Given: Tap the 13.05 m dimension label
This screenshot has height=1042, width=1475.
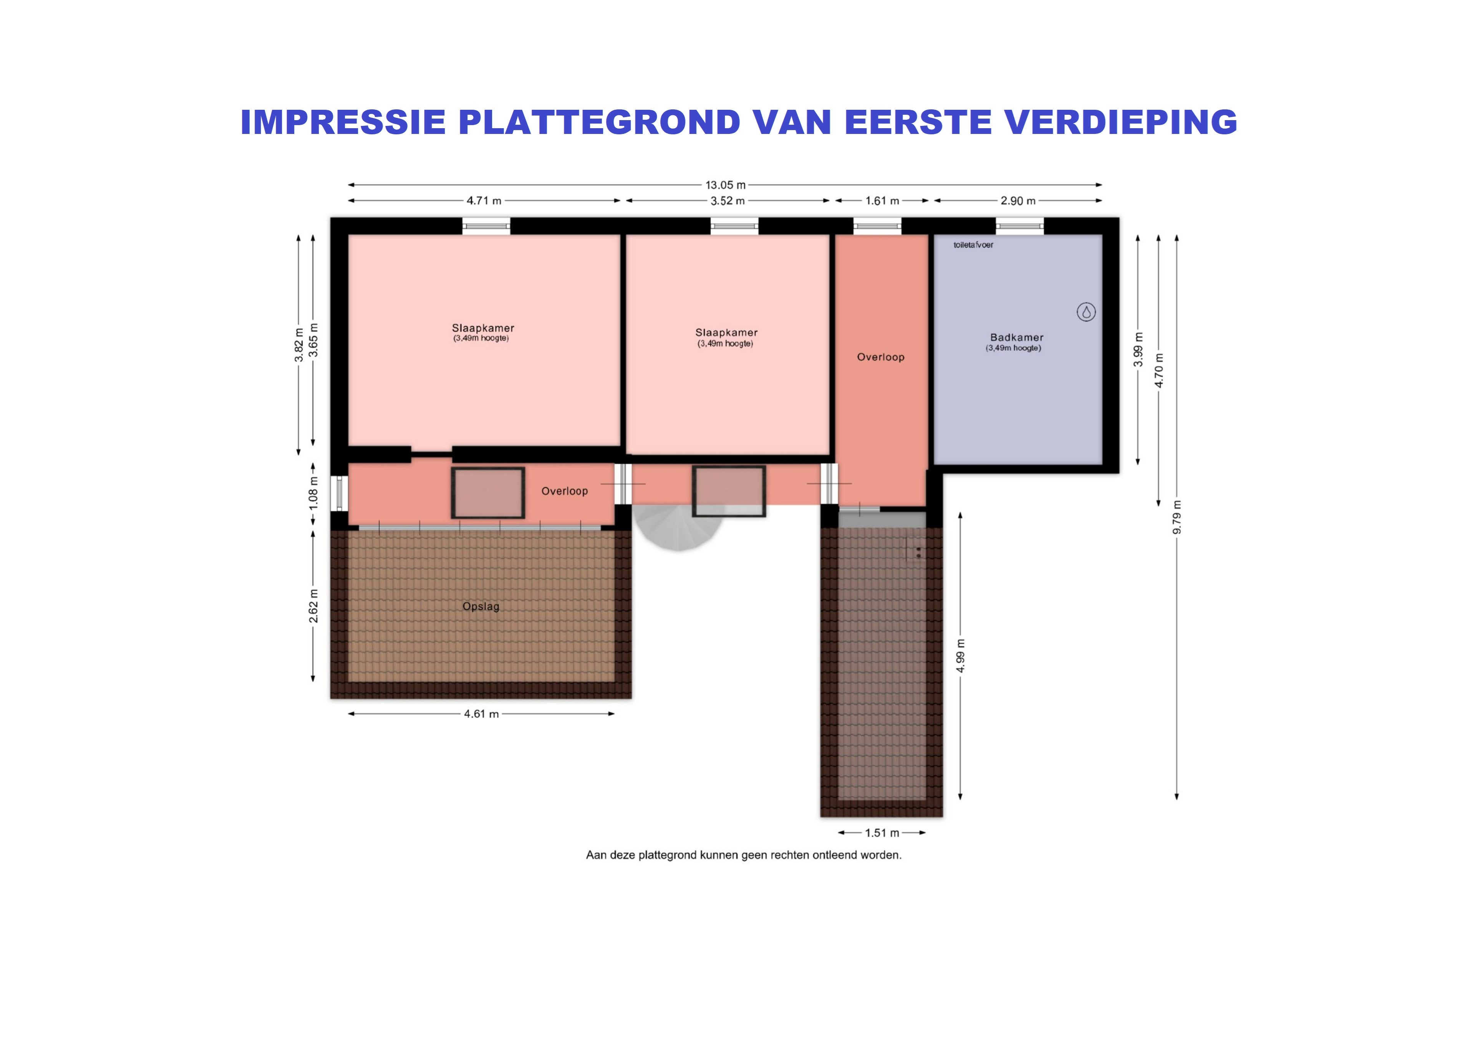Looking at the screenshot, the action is (x=725, y=185).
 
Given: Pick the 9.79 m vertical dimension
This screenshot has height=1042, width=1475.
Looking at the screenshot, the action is (x=1177, y=517).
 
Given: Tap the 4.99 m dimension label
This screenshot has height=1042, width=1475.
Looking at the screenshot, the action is (x=960, y=656).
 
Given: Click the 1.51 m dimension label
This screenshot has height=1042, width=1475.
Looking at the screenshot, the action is (x=882, y=833).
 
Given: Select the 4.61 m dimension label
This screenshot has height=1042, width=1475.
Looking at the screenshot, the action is (x=481, y=714).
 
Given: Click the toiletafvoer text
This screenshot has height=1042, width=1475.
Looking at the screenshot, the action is (x=973, y=244).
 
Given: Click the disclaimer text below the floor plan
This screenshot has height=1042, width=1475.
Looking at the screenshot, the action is (x=743, y=855).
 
